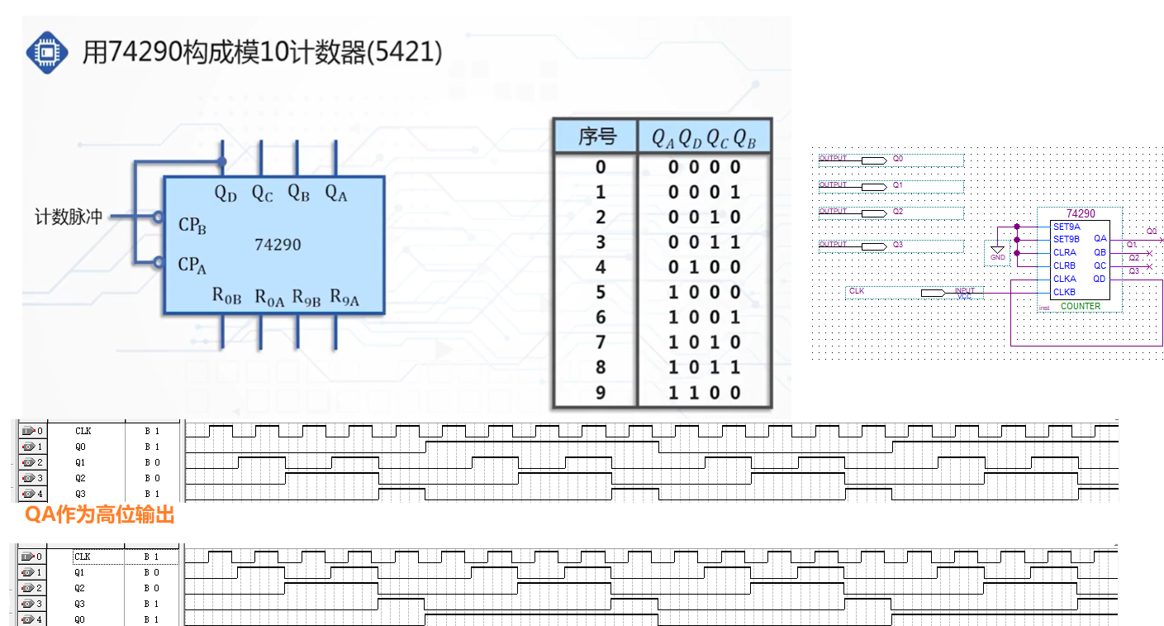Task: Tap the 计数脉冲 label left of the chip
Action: (x=69, y=217)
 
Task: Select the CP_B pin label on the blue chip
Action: (x=192, y=225)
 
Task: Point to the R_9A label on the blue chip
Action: (x=344, y=297)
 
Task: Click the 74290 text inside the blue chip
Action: (x=278, y=245)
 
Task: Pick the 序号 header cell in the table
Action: (x=596, y=136)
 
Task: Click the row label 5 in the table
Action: (x=601, y=293)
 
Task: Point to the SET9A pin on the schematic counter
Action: (x=1067, y=227)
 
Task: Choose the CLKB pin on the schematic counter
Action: (x=1064, y=292)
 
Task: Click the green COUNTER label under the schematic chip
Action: (x=1081, y=306)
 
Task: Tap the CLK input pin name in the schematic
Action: (x=857, y=291)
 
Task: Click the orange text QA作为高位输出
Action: (x=99, y=514)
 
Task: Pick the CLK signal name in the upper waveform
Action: (x=83, y=431)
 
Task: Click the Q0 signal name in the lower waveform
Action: (x=79, y=619)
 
